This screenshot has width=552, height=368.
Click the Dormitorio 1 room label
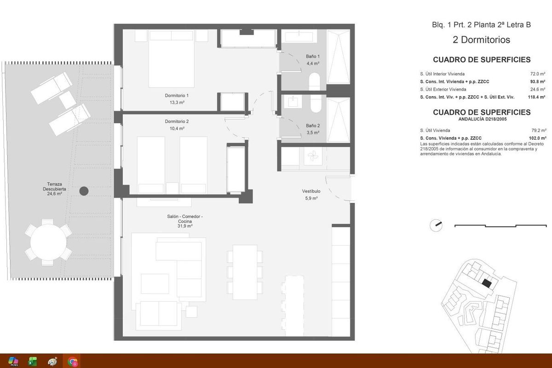(177, 99)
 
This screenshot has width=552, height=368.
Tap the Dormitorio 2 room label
(177, 125)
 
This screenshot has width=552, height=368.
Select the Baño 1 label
(313, 60)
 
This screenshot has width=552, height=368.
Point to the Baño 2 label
(313, 128)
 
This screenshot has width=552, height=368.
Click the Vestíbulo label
(311, 195)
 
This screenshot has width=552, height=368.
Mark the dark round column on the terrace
(83, 191)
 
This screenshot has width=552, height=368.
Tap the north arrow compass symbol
(435, 225)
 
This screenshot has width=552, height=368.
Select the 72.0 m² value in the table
(538, 74)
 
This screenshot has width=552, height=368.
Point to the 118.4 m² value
(536, 97)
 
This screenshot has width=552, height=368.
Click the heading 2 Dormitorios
(481, 40)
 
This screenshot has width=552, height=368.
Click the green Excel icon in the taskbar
(33, 362)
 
